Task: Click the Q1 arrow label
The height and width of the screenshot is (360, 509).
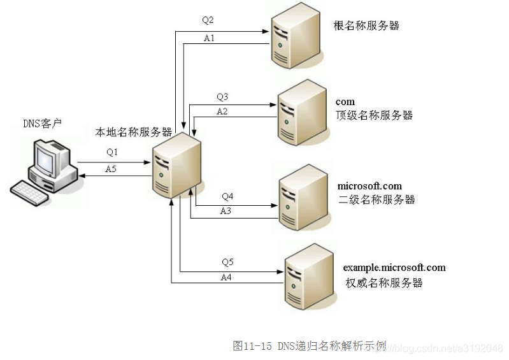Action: pyautogui.click(x=113, y=152)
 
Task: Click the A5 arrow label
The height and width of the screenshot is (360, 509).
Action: pyautogui.click(x=111, y=169)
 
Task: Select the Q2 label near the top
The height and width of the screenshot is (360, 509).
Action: pyautogui.click(x=208, y=20)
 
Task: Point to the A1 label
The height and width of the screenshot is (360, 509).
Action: pyautogui.click(x=209, y=38)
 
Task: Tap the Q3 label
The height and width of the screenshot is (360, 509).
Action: pyautogui.click(x=222, y=97)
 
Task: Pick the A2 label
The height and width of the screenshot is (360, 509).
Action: pyautogui.click(x=222, y=112)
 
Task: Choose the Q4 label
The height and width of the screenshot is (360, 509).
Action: pyautogui.click(x=227, y=196)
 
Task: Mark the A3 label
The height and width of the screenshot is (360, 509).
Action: pyautogui.click(x=226, y=211)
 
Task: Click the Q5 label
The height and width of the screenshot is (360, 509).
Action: pyautogui.click(x=227, y=263)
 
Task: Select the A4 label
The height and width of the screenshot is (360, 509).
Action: pyautogui.click(x=226, y=277)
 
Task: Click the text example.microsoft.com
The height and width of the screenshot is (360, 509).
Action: pyautogui.click(x=394, y=268)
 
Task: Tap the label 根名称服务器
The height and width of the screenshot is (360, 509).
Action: pyautogui.click(x=366, y=26)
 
